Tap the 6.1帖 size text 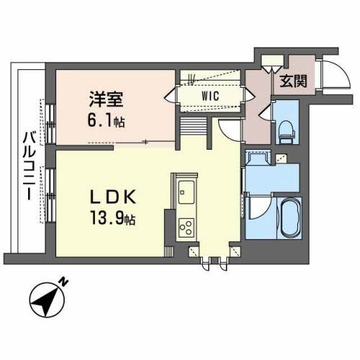tap(106, 121)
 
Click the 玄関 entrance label tap(293, 80)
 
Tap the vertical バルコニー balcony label tap(28, 166)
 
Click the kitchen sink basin tap(185, 193)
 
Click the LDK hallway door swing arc tap(228, 130)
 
